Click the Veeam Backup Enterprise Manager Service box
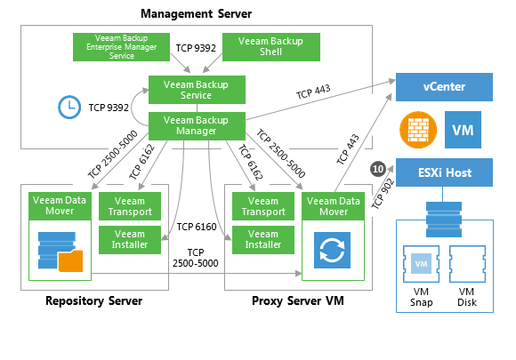[121, 47]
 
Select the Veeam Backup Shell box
[271, 47]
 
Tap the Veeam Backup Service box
[197, 90]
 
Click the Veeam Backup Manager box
[197, 126]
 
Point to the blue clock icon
[69, 108]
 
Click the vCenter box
[444, 87]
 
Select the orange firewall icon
[418, 130]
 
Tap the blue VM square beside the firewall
[463, 130]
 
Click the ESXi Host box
[444, 172]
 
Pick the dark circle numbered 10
[378, 169]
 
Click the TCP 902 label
[383, 194]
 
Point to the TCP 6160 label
[197, 227]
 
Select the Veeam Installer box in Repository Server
[130, 240]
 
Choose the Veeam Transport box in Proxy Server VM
[263, 206]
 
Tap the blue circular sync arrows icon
[332, 250]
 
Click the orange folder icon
[71, 261]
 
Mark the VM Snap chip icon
[421, 264]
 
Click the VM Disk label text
[467, 297]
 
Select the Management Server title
[196, 14]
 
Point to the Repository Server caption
[93, 300]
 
